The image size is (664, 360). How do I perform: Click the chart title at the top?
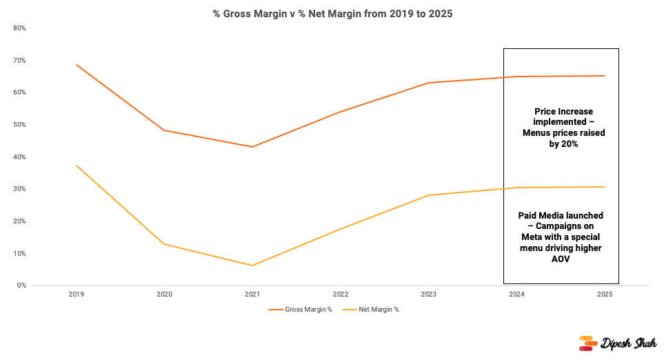click(332, 14)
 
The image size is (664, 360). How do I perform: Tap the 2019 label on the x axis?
click(76, 294)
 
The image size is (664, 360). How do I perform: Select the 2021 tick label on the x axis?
click(252, 294)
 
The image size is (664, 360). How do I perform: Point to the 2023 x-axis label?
click(429, 294)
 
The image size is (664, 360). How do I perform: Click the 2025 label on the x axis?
click(605, 294)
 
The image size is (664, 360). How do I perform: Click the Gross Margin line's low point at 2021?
click(252, 147)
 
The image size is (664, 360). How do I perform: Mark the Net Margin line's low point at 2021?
click(252, 266)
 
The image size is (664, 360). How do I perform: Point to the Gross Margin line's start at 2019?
click(77, 65)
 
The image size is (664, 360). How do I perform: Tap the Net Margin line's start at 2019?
click(77, 166)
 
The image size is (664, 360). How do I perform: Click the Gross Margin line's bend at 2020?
click(164, 130)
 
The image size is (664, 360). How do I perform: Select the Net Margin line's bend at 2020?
click(164, 243)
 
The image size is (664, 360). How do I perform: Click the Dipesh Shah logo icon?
click(586, 343)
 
